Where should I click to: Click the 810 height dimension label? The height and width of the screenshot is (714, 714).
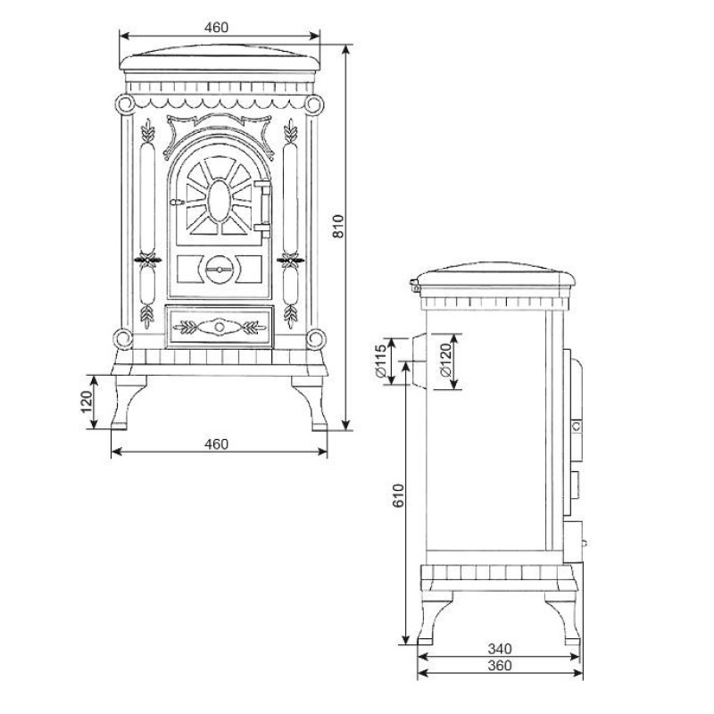coord(338,227)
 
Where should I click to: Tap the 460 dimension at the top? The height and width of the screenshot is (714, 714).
coord(216,28)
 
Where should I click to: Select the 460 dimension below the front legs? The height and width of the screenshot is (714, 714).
coord(216,444)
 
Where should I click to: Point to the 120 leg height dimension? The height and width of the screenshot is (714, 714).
coord(87,402)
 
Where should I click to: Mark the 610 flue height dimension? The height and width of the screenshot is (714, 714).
coord(398,495)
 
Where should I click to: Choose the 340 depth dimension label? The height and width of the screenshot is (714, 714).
coord(500,648)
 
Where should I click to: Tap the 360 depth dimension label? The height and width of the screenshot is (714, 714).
coord(500,665)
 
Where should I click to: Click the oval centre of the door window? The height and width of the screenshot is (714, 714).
coord(219,202)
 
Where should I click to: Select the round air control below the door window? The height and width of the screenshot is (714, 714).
coord(219,270)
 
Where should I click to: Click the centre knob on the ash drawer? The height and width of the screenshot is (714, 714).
coord(219,327)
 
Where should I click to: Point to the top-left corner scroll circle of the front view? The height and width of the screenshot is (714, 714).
coord(124,104)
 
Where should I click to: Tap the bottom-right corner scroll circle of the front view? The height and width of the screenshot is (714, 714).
coord(316,339)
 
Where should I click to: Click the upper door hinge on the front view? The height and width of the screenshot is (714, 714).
coord(262,184)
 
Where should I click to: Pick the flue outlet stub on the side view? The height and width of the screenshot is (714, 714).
coord(419,361)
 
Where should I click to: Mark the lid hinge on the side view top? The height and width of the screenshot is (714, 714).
coord(414,286)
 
